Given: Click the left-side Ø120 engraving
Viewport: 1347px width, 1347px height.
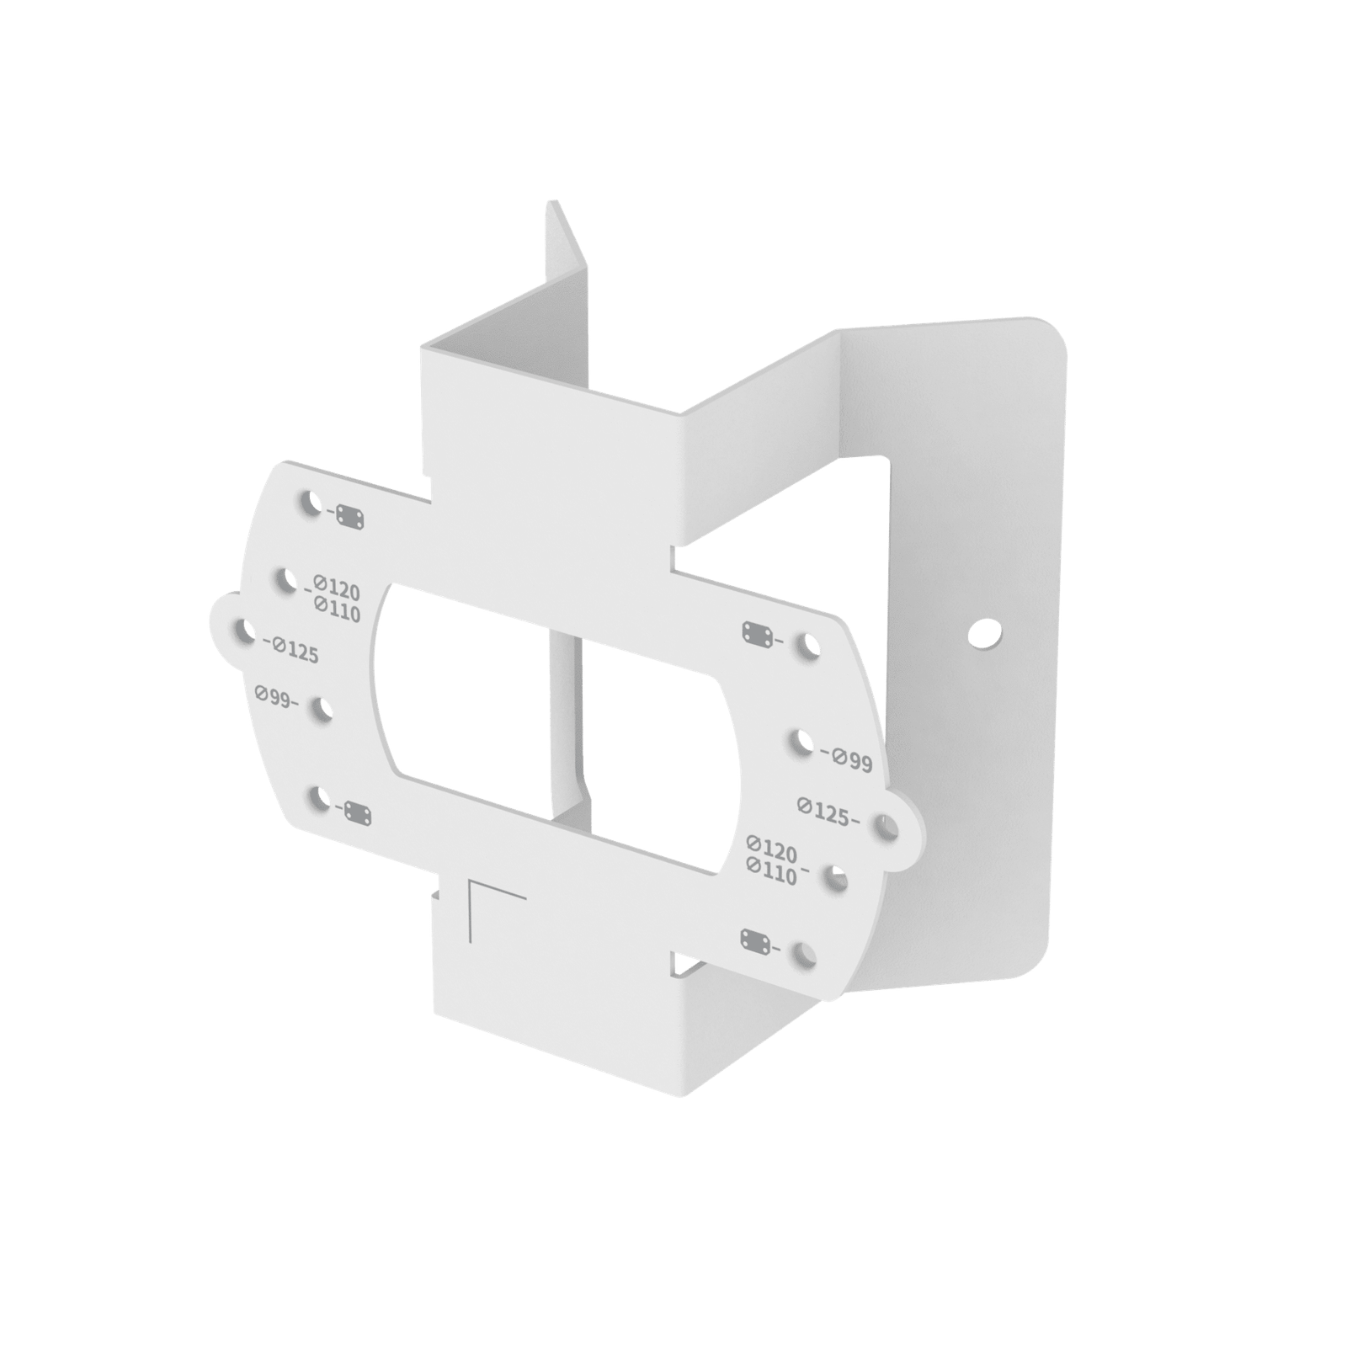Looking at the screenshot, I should tap(337, 586).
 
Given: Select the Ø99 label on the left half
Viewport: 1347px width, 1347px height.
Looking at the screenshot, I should tap(274, 696).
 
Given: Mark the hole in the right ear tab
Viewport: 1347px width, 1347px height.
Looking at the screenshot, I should tap(887, 828).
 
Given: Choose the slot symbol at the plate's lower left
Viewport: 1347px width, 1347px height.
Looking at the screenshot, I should tap(359, 813).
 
